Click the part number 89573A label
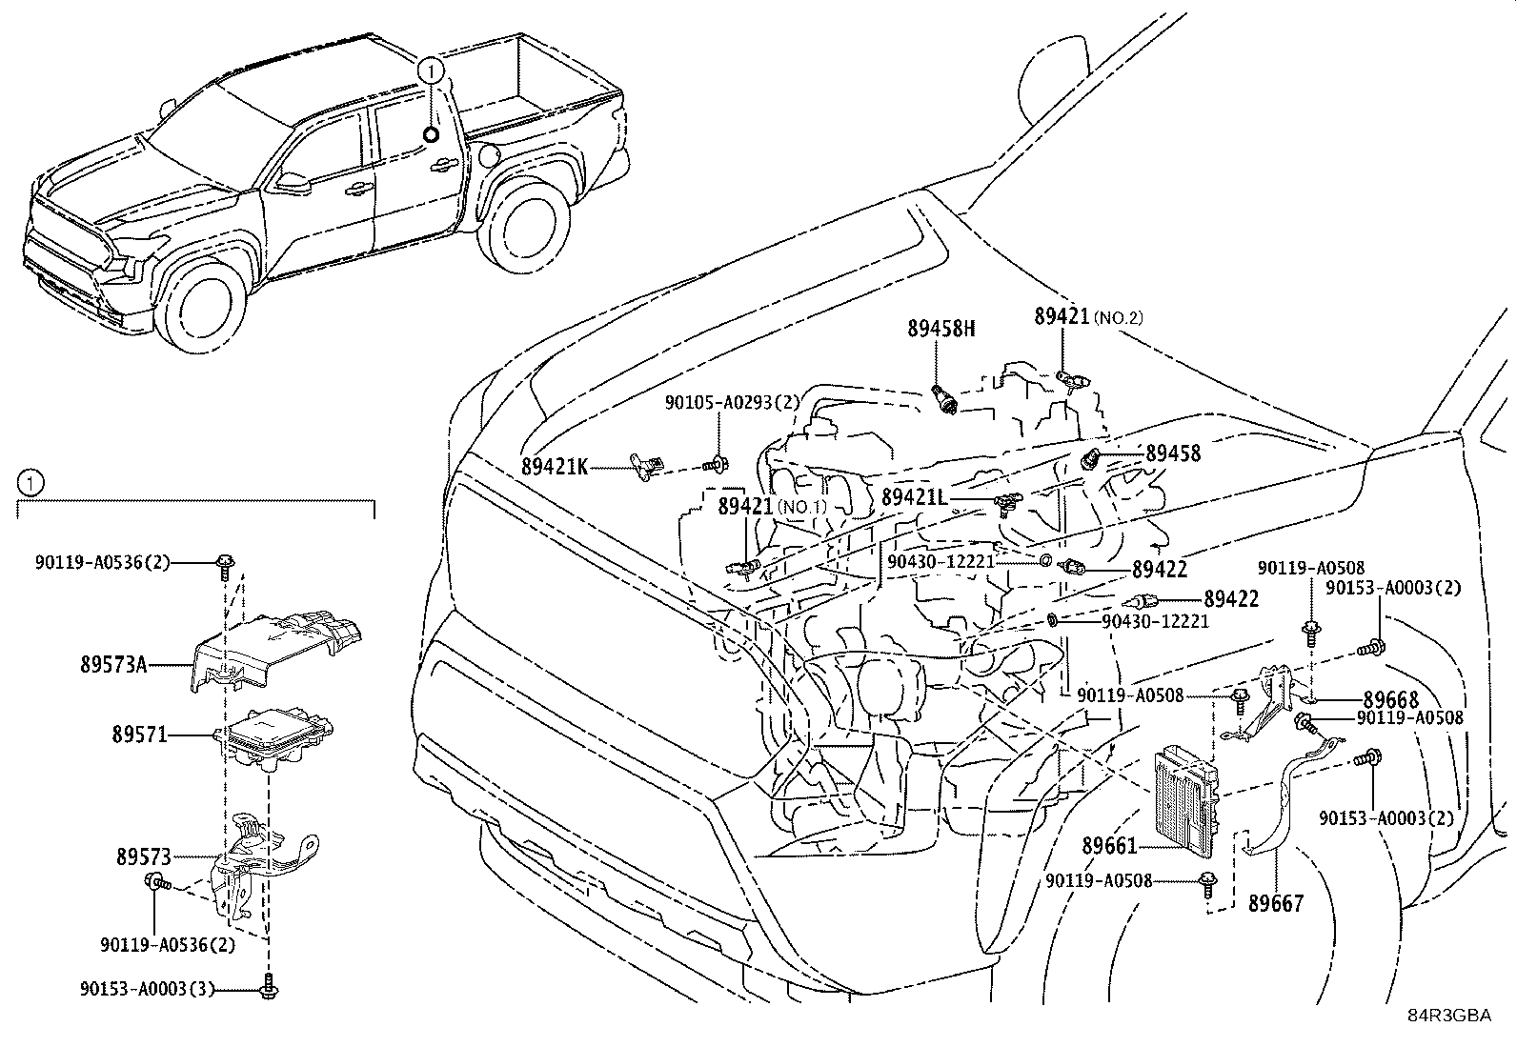point(113,665)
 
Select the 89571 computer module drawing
point(276,735)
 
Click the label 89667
point(1276,902)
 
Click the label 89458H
point(941,329)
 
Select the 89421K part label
point(555,467)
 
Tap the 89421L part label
point(915,497)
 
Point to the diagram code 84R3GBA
point(1449,1016)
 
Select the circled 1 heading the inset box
point(30,483)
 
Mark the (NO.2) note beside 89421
point(1118,317)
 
